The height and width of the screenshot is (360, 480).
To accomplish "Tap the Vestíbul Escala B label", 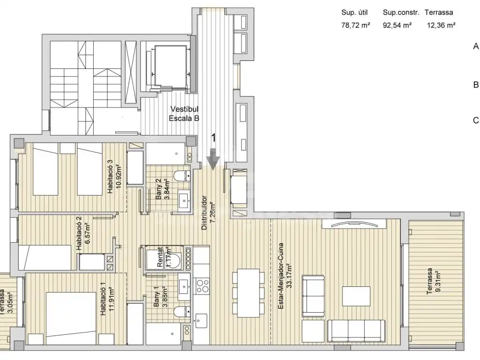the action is click(184, 113).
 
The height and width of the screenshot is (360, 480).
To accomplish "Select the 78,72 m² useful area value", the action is click(356, 25).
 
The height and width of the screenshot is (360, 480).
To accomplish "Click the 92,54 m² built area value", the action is click(397, 25).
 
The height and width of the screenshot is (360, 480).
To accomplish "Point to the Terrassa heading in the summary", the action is click(439, 13).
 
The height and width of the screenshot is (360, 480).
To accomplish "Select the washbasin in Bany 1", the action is click(184, 286).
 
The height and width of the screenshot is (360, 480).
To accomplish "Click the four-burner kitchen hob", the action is click(202, 286).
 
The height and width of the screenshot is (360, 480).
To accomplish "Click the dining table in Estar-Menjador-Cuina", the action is click(248, 293).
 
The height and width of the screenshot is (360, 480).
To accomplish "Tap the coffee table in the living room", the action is click(356, 296).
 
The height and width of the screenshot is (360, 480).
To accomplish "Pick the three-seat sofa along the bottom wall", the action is click(356, 330).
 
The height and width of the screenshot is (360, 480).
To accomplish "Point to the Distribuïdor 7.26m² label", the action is click(208, 213).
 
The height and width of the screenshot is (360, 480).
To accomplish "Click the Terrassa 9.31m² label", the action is click(434, 281).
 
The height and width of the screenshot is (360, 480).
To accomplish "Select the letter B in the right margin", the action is click(476, 84).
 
